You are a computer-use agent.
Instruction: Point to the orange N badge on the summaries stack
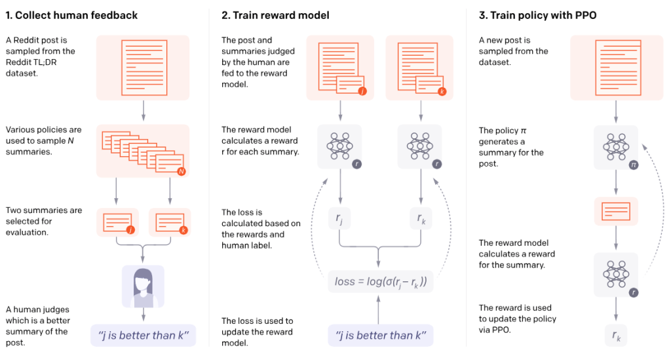coord(182,171)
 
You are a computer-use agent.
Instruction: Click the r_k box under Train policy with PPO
coord(616,335)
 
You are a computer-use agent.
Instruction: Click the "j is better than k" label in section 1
coord(143,336)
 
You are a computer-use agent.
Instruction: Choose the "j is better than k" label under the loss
coord(381,336)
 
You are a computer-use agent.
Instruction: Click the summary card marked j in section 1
coord(117,222)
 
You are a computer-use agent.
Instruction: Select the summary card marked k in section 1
coord(169,222)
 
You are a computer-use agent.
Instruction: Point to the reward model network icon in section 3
coord(616,274)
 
